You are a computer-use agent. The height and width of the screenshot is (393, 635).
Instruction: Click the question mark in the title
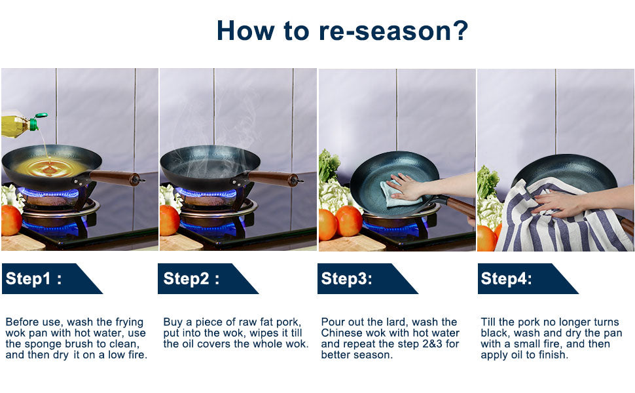[460, 31]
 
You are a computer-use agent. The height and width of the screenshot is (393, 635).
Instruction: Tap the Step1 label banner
[52, 279]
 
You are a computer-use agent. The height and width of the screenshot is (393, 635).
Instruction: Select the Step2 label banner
[208, 279]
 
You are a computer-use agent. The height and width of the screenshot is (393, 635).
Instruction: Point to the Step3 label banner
[367, 279]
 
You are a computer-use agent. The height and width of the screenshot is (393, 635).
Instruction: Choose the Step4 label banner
[528, 279]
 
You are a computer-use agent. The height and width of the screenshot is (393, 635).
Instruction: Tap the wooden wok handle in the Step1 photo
[115, 177]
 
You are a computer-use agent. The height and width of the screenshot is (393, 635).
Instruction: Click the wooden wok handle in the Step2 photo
[272, 178]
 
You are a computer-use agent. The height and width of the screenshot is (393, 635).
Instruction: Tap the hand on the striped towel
[554, 204]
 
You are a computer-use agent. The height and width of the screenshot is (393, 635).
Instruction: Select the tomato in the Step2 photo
[170, 219]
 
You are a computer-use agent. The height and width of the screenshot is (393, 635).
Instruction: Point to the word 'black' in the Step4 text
[493, 333]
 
